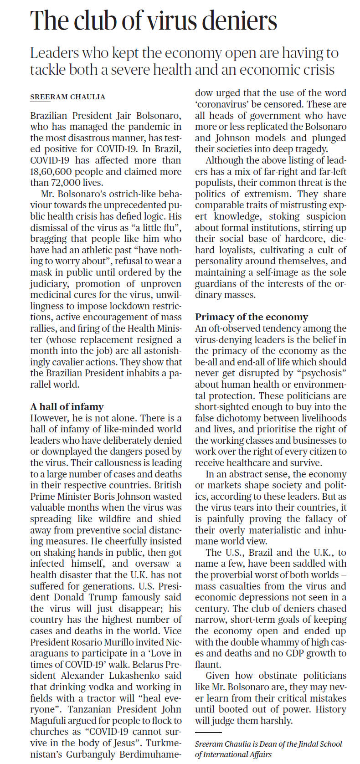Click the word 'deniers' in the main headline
coord(240,21)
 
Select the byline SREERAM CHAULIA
coord(67,97)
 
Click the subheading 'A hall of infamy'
coord(67,407)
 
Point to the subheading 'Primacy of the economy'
coord(252,317)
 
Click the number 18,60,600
coord(51,172)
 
